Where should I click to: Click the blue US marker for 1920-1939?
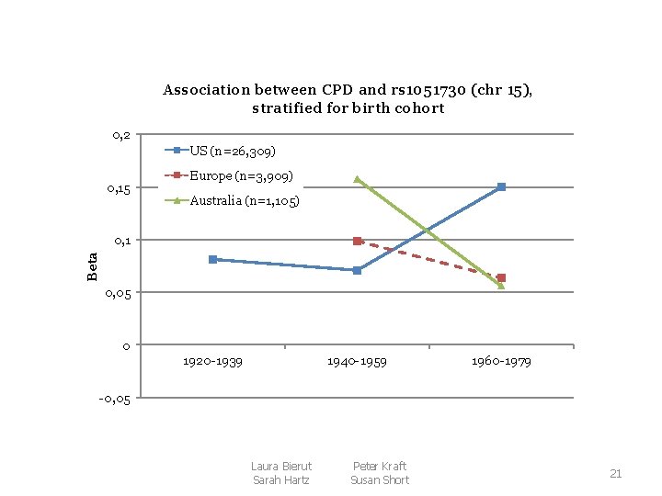(212, 260)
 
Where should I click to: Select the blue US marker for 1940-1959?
(357, 270)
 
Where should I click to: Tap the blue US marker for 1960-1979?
(501, 186)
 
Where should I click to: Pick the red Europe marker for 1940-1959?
(357, 241)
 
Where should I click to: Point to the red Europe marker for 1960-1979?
(501, 277)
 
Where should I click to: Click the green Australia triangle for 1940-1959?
(357, 179)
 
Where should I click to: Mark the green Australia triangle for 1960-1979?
(501, 286)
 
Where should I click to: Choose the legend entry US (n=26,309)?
(233, 150)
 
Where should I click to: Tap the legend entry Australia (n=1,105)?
(244, 199)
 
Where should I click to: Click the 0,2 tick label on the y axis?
(121, 136)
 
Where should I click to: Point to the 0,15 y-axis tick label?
(119, 188)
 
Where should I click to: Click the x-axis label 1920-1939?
(212, 362)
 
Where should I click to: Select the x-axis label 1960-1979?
(501, 362)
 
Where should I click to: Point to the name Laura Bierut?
(281, 467)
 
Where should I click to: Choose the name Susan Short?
(379, 480)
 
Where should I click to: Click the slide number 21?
(616, 474)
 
